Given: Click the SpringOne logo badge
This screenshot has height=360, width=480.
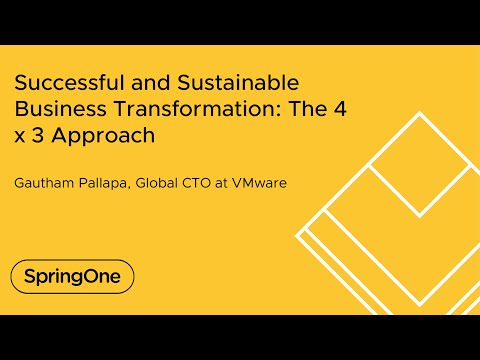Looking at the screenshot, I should [72, 276].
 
